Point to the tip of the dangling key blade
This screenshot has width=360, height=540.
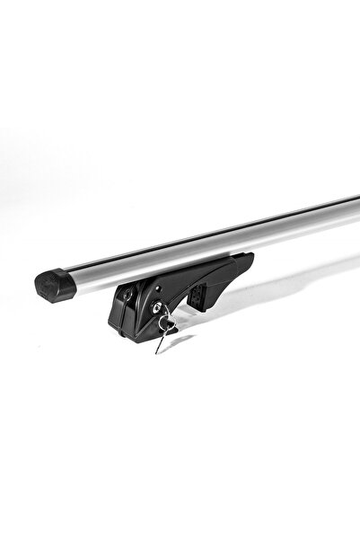pos(157,351)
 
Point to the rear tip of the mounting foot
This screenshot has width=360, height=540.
pos(250,259)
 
